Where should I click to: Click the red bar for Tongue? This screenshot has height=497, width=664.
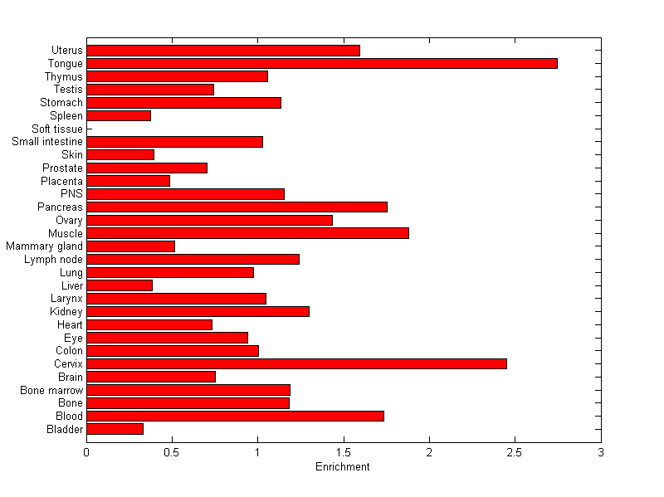(322, 63)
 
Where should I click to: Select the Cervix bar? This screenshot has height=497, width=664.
(296, 363)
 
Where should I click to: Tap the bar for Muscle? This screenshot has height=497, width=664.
(247, 233)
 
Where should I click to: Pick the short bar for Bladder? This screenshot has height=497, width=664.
(115, 429)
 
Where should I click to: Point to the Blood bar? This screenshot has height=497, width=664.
(235, 416)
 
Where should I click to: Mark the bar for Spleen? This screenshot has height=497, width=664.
(119, 115)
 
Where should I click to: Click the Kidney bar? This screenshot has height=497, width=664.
(198, 311)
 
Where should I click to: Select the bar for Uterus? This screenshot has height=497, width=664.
(223, 51)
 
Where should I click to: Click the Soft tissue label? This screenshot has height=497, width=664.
(57, 129)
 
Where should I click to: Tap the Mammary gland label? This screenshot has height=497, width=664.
(44, 246)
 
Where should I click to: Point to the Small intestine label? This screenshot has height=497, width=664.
(47, 142)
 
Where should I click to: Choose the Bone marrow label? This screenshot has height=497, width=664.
(51, 390)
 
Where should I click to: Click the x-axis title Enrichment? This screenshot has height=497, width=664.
(343, 467)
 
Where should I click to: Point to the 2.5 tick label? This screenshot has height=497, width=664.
(515, 452)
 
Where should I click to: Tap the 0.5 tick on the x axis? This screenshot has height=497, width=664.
(172, 452)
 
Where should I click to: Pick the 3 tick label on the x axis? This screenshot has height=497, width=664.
(600, 452)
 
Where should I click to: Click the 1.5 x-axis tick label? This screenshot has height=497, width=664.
(343, 452)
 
